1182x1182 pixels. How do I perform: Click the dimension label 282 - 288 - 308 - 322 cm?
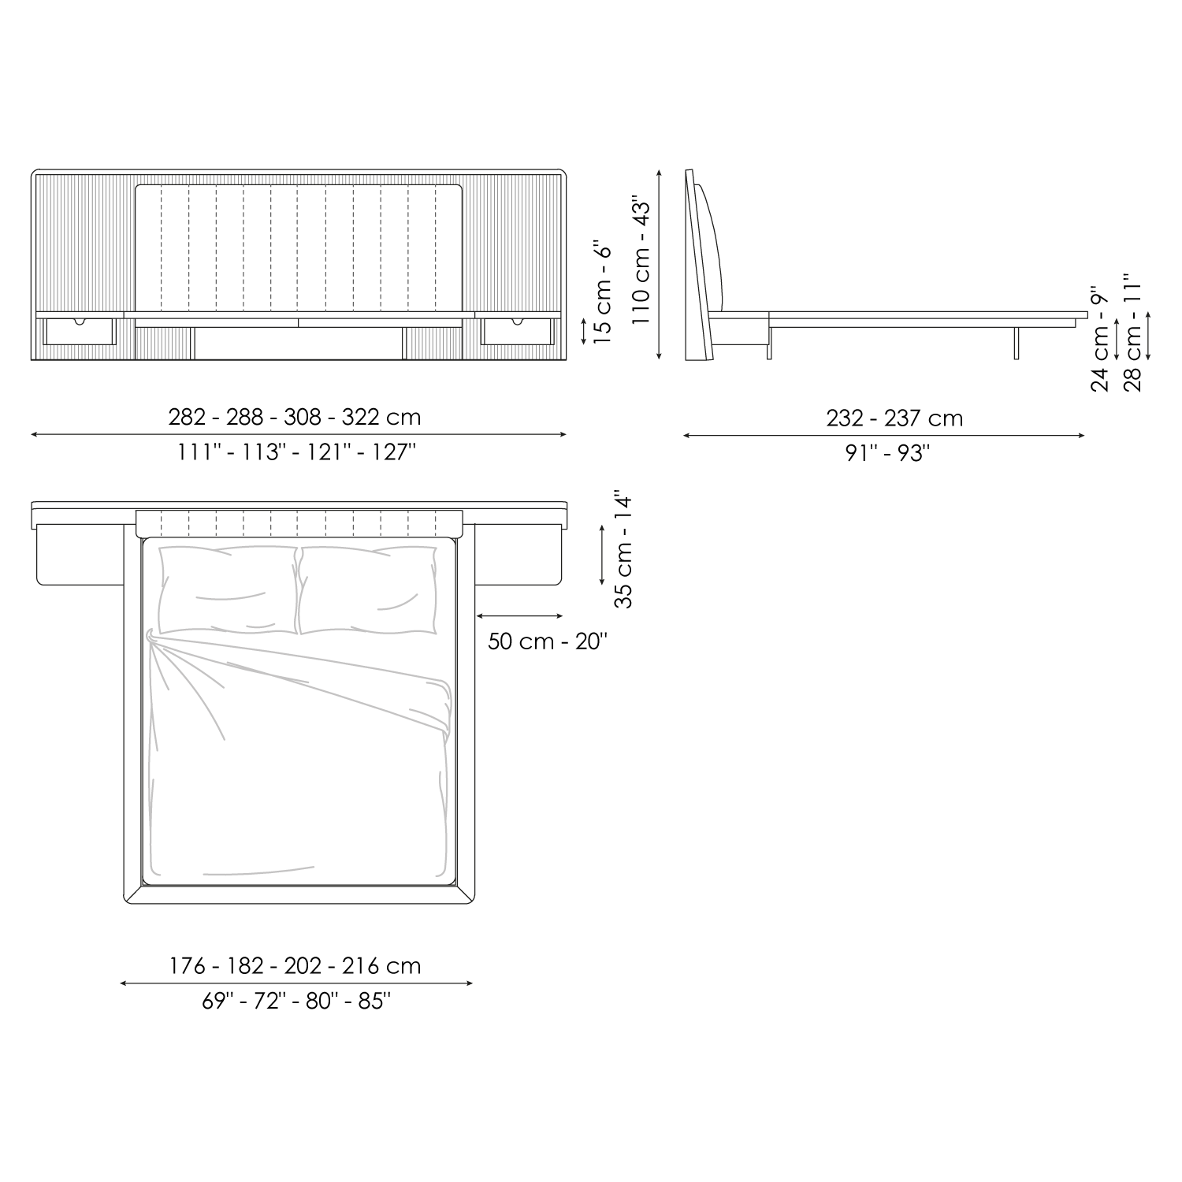295,417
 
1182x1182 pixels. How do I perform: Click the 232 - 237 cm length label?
894,418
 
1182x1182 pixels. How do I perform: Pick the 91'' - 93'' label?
888,453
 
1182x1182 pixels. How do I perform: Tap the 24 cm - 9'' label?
1099,339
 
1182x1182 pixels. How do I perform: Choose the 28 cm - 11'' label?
1133,333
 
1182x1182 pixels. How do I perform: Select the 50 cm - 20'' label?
548,641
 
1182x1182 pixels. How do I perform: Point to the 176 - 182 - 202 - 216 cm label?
295,966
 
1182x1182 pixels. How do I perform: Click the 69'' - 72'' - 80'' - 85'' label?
296,1001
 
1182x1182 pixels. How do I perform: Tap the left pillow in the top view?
229,589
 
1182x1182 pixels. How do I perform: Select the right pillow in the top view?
367,589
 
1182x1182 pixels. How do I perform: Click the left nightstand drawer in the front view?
80,331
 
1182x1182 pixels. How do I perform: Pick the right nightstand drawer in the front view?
519,331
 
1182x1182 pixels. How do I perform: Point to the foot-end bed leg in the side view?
1017,343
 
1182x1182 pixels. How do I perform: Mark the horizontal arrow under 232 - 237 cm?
883,435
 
